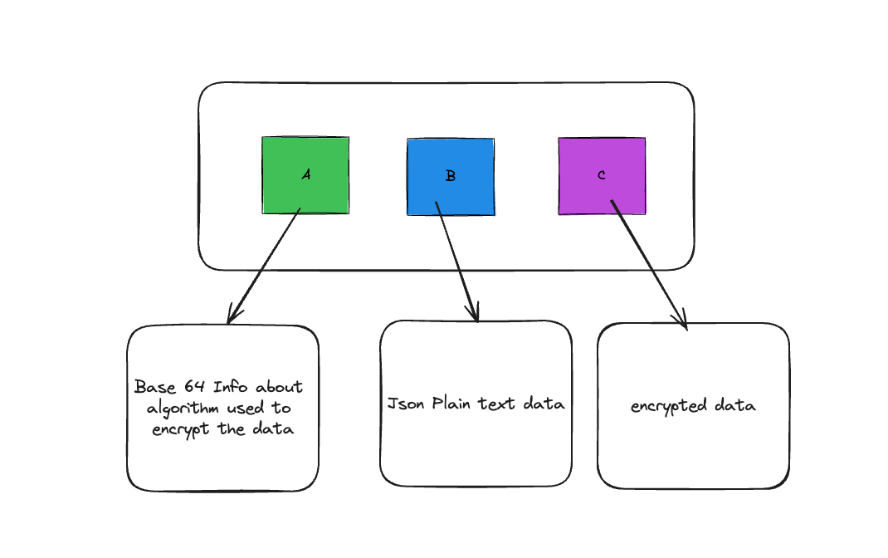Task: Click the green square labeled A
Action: coord(305,175)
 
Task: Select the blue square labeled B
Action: coord(451,177)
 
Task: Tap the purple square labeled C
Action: coord(602,175)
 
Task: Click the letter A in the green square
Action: coord(306,174)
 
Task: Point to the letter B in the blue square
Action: coord(451,176)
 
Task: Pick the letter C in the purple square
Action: coord(602,175)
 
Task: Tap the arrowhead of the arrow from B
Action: coord(473,312)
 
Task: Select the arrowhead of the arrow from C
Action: coord(681,320)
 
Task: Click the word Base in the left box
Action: coord(155,387)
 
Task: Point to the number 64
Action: coord(194,386)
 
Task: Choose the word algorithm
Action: coord(183,409)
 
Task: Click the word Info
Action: coord(230,387)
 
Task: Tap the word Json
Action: coord(406,404)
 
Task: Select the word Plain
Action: coord(451,404)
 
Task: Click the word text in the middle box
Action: coord(496,404)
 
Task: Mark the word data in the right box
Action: coord(735,405)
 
